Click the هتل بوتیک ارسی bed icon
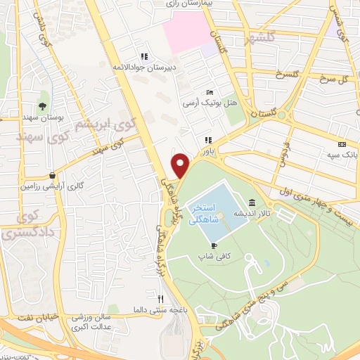(209, 93)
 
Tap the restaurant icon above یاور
(207, 140)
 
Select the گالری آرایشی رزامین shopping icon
(52, 176)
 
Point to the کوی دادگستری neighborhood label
(19, 225)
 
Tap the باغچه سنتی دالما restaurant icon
(160, 299)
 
